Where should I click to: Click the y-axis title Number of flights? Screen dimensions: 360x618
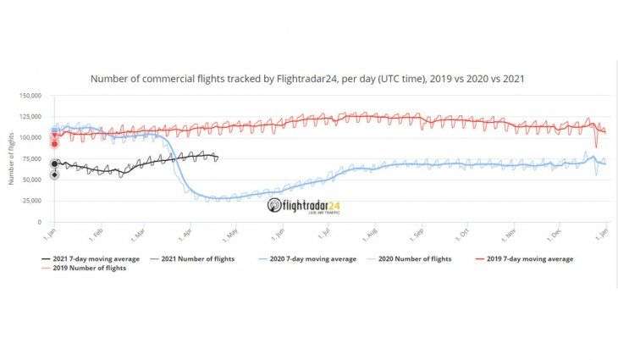pyautogui.click(x=12, y=158)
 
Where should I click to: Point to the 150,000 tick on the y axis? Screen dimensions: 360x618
pyautogui.click(x=30, y=96)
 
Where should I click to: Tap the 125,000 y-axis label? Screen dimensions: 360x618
pyautogui.click(x=30, y=117)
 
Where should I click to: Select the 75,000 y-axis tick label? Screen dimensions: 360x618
pyautogui.click(x=31, y=158)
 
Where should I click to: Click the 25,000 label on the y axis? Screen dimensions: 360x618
pyautogui.click(x=31, y=201)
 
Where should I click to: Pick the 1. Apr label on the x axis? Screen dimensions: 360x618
pyautogui.click(x=185, y=230)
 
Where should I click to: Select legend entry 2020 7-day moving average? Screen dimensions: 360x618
pyautogui.click(x=311, y=258)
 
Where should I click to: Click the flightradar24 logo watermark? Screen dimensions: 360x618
pyautogui.click(x=304, y=205)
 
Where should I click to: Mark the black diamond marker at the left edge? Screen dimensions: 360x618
pyautogui.click(x=54, y=175)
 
